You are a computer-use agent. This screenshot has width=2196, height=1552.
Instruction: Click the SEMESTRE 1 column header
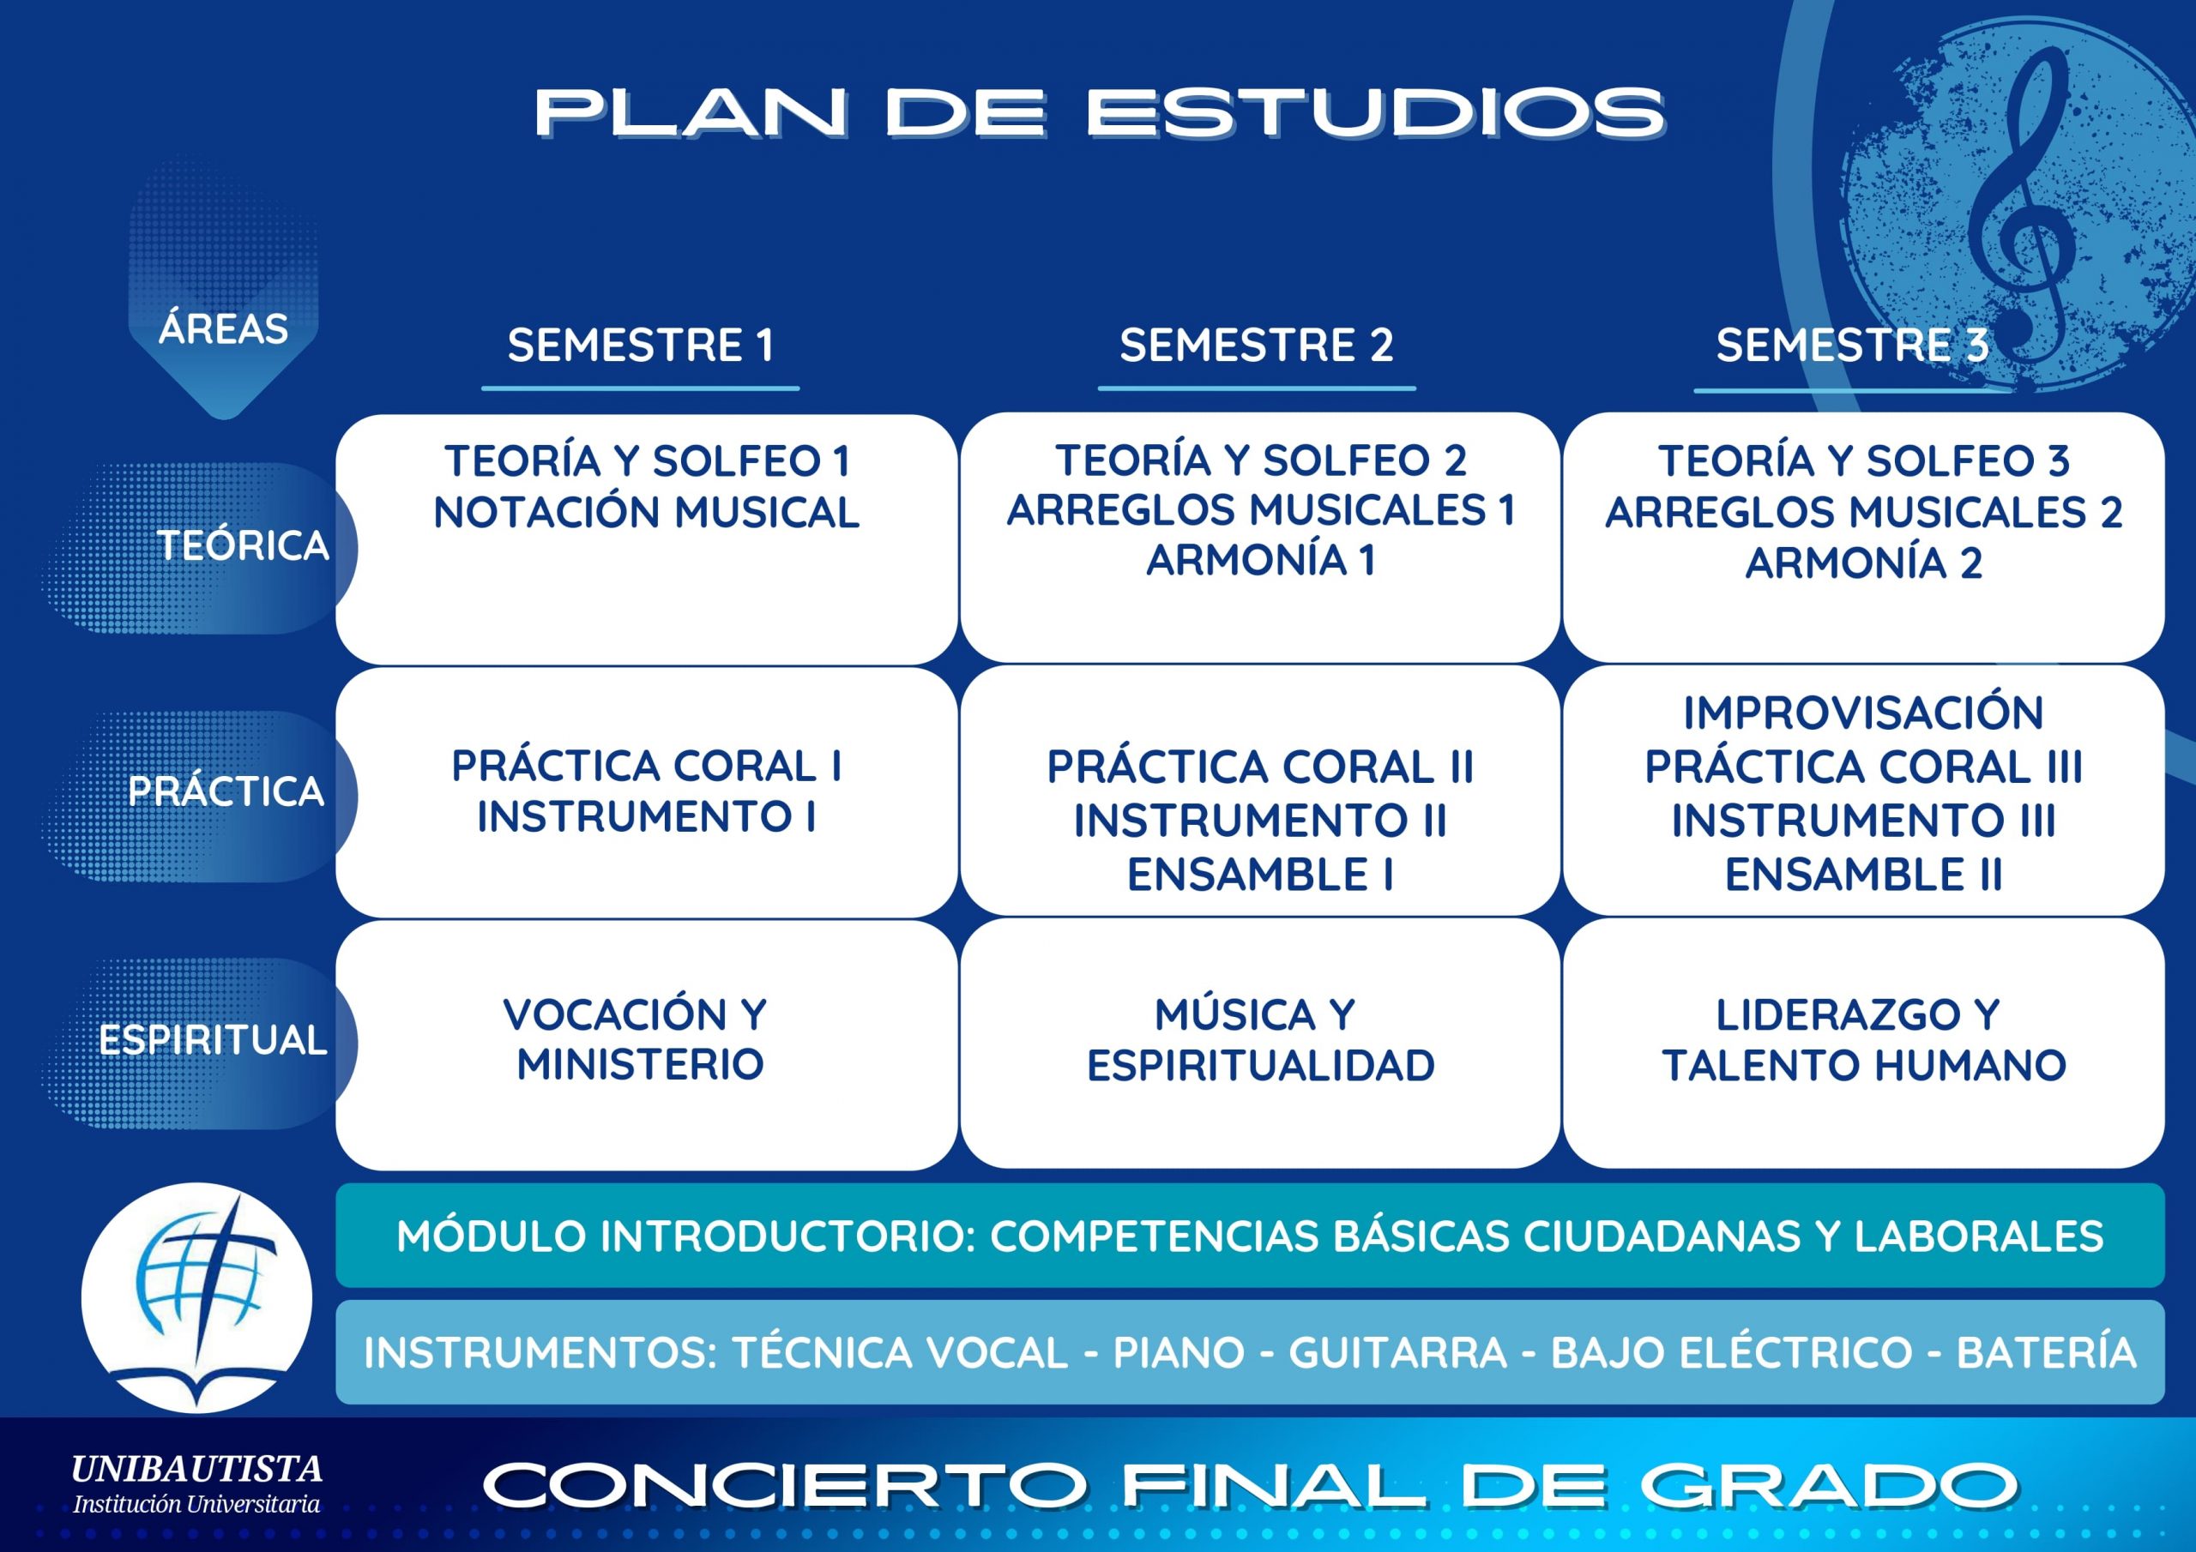640,346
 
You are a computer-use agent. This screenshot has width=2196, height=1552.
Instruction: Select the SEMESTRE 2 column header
1256,346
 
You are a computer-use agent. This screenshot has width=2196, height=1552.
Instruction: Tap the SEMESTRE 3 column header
1852,346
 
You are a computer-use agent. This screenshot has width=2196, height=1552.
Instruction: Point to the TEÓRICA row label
243,545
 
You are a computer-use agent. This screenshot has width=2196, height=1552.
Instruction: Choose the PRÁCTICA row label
226,791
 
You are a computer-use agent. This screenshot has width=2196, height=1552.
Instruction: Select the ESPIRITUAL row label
213,1039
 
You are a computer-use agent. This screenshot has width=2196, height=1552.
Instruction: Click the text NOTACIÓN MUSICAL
646,513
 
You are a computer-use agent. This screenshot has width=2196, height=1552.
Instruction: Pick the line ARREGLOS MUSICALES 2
1863,513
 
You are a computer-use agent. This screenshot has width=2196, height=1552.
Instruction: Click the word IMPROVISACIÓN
1863,713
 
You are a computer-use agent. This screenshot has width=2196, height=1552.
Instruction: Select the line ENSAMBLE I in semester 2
1259,875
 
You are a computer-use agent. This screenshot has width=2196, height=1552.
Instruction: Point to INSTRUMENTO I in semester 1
646,816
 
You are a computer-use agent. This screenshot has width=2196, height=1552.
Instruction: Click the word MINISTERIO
640,1064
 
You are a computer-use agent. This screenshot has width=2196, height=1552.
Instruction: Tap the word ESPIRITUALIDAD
1261,1065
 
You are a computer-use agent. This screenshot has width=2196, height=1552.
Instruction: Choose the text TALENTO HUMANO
1864,1065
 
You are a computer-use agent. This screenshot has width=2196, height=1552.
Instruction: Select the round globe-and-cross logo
197,1297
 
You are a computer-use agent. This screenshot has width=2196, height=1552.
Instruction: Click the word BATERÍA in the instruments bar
2047,1353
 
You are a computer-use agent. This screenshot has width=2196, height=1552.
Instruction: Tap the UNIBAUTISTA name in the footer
197,1469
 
